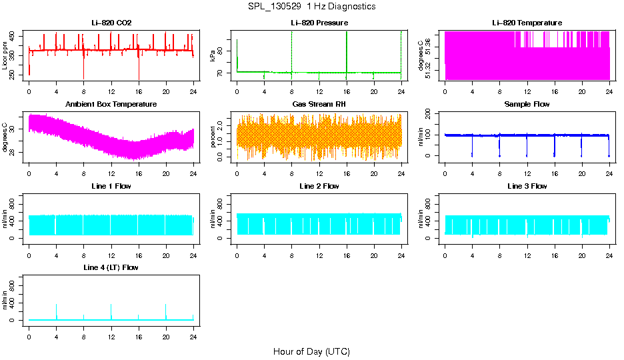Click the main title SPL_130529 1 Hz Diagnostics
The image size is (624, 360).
click(x=311, y=7)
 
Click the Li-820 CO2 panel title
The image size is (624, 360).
click(x=111, y=23)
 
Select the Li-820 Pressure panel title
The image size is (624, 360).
click(x=319, y=23)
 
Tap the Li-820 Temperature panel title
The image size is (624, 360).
click(x=527, y=23)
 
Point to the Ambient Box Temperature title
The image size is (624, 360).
click(x=111, y=105)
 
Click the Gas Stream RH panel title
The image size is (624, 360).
click(x=319, y=105)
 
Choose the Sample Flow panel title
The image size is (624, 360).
click(x=527, y=105)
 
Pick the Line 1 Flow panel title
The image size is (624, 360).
click(x=111, y=186)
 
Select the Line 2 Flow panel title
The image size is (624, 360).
click(x=319, y=186)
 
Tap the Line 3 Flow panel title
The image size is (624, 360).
click(x=527, y=186)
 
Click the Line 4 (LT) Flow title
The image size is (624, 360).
click(x=111, y=267)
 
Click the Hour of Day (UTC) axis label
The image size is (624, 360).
click(x=311, y=351)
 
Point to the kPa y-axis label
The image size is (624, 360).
click(x=213, y=56)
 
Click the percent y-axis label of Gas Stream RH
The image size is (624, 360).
click(x=213, y=137)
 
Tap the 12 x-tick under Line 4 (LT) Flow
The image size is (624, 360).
click(x=111, y=337)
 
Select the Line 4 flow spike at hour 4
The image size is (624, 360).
click(x=56, y=308)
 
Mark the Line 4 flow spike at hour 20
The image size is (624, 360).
click(x=165, y=308)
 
